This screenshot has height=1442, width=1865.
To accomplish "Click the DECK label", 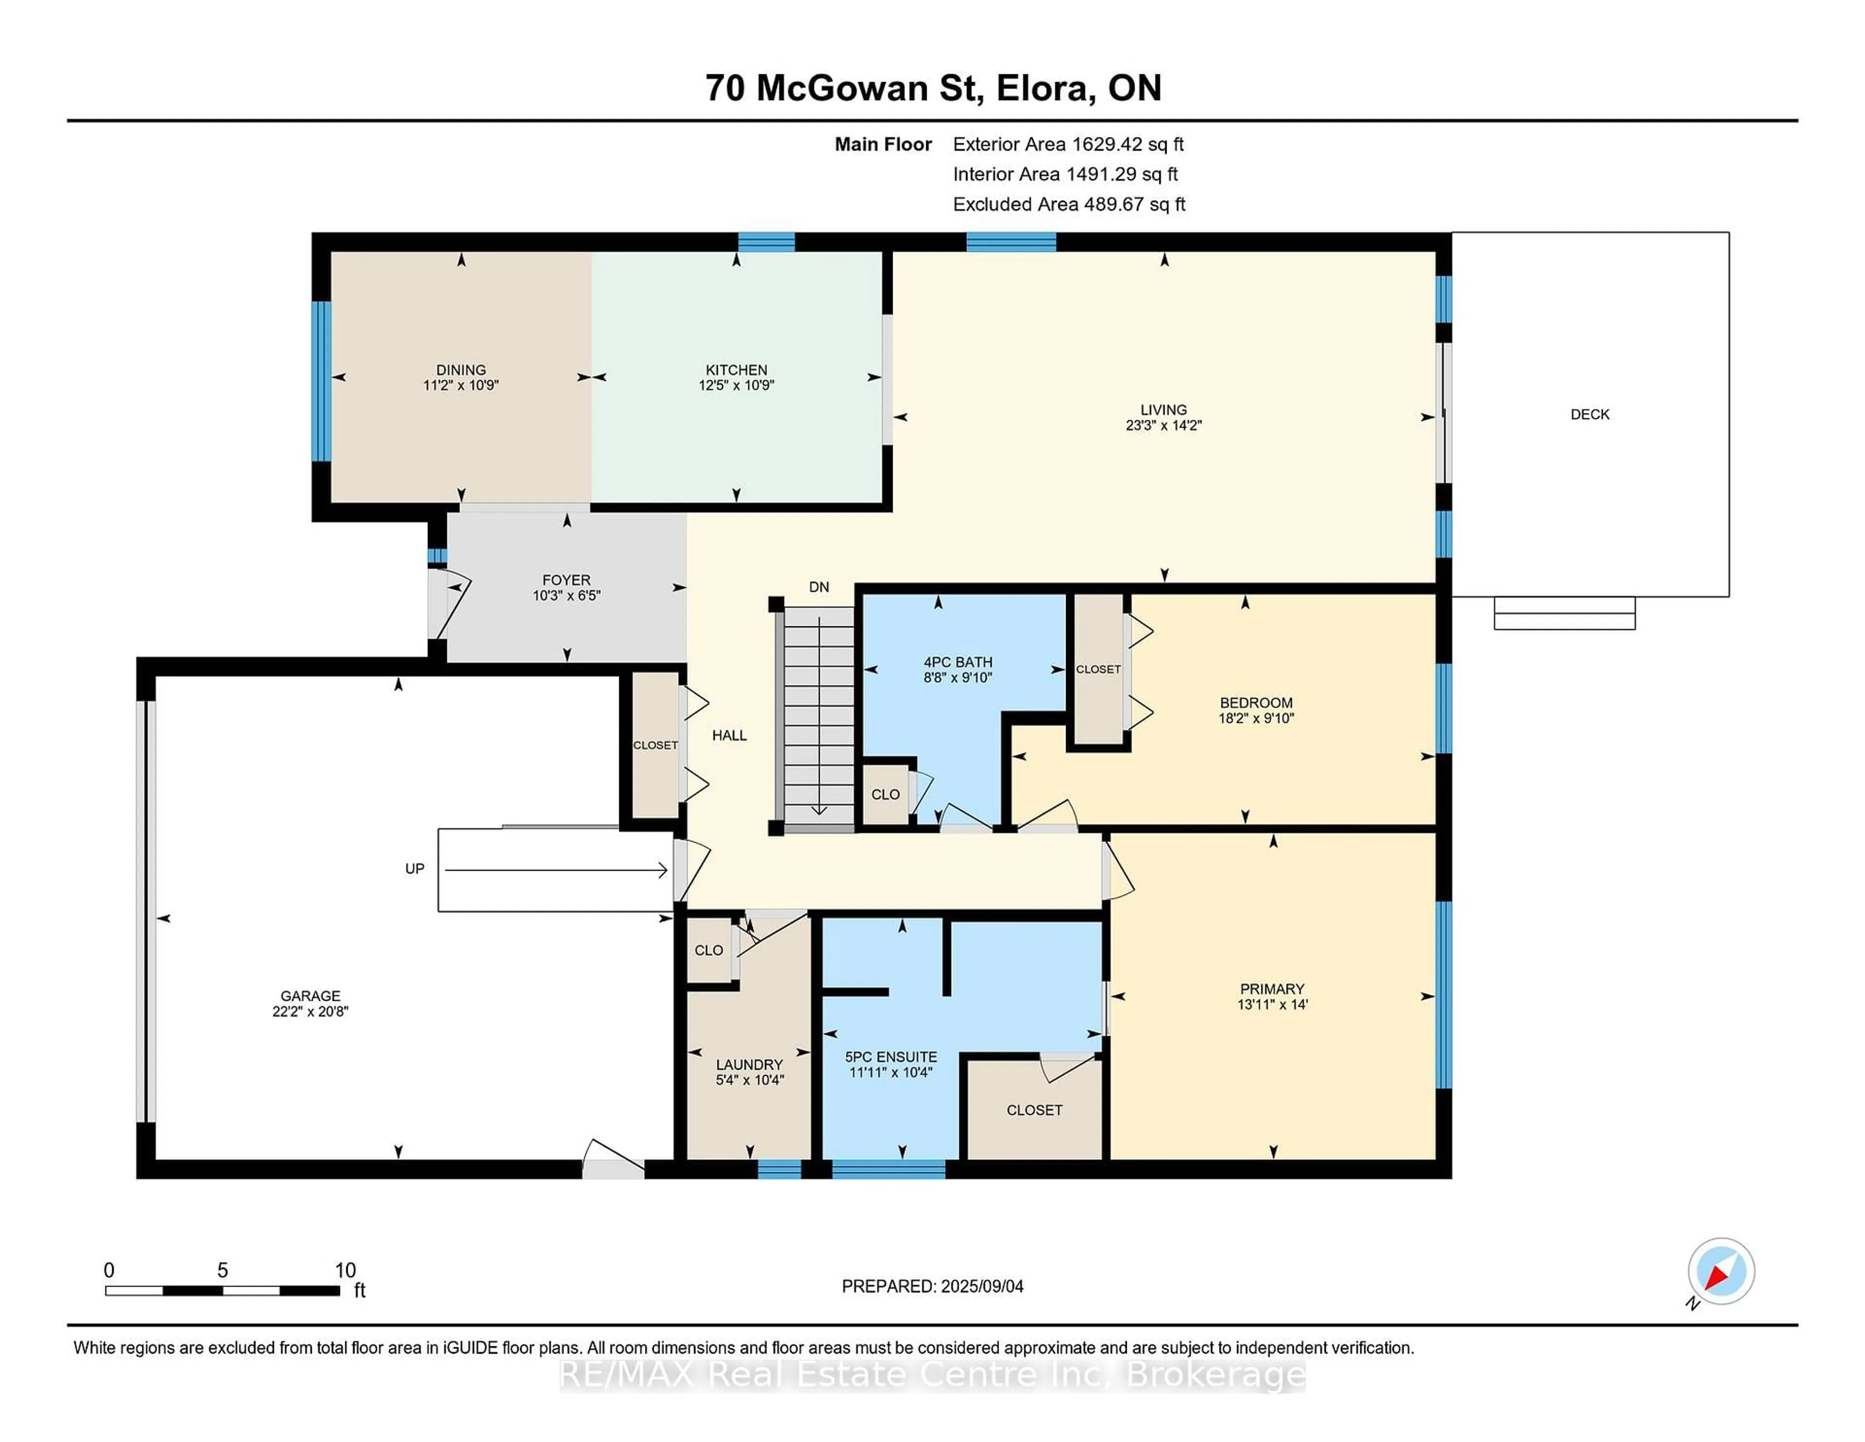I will click(1589, 414).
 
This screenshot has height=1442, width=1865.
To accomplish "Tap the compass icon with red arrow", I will click(1721, 1271).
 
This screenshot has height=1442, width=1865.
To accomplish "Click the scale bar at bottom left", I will click(222, 1290).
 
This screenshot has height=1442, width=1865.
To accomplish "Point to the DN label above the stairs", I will click(819, 587).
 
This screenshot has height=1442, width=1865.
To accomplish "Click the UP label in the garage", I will click(414, 869).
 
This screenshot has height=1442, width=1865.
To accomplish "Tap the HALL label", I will click(729, 736).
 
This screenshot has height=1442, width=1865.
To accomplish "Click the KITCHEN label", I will click(736, 370).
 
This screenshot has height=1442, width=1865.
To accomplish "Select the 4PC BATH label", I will click(957, 662).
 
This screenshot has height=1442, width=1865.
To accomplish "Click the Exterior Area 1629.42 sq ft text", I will click(1068, 144).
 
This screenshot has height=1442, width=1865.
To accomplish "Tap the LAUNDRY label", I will click(749, 1064).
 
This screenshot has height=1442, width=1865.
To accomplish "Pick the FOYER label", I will click(566, 580).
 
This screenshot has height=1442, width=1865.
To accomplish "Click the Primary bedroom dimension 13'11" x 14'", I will click(1272, 1005).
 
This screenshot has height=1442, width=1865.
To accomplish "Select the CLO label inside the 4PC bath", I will click(885, 794).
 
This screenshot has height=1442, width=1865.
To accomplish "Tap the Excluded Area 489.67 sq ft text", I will click(1068, 204).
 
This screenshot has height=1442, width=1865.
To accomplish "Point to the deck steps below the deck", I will click(1563, 613).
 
